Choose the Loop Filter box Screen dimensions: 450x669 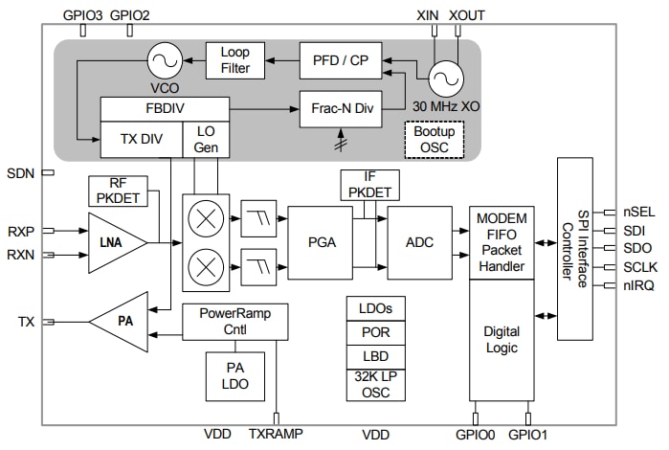click(234, 60)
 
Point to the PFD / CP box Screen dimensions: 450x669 click(333, 60)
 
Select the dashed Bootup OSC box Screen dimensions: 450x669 click(435, 138)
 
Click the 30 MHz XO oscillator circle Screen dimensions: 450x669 click(445, 77)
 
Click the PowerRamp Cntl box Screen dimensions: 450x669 click(234, 321)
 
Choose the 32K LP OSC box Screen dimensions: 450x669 click(375, 384)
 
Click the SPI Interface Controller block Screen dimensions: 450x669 click(574, 249)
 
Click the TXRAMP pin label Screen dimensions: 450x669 click(276, 434)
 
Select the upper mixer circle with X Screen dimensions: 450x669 click(203, 217)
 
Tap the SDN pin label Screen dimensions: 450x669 click(20, 173)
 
